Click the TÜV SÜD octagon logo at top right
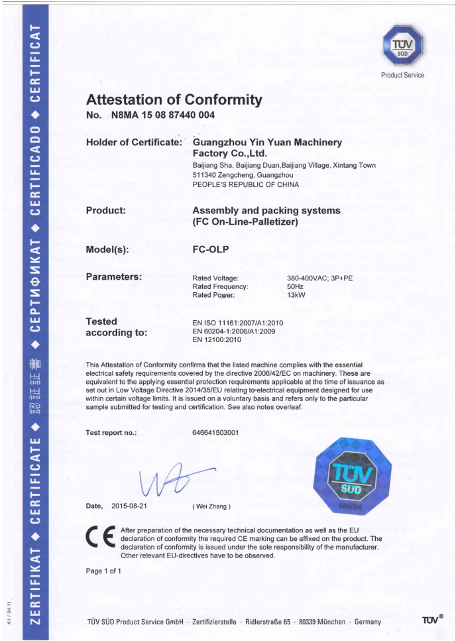(x=403, y=45)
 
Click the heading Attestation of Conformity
(x=174, y=100)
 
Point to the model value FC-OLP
(x=210, y=250)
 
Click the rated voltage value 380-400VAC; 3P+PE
(x=319, y=278)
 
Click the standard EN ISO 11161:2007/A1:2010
(x=237, y=323)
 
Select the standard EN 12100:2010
(x=217, y=340)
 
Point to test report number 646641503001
(x=215, y=433)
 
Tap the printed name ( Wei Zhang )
(x=211, y=507)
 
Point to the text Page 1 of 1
(x=103, y=571)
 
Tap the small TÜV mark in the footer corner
(x=432, y=620)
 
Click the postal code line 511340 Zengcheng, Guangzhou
(x=243, y=174)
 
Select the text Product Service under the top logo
(x=403, y=75)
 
